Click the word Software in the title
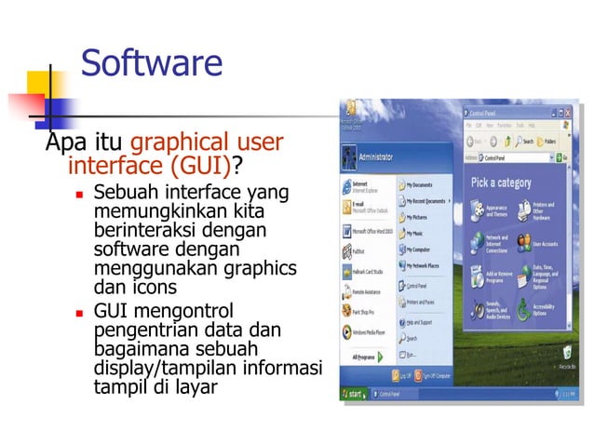click(152, 63)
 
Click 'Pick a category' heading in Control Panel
click(501, 182)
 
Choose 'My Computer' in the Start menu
click(421, 249)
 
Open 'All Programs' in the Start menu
click(365, 357)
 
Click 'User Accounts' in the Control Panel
click(545, 244)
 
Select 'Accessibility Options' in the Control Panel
click(544, 308)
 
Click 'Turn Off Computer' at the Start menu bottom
click(438, 374)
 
